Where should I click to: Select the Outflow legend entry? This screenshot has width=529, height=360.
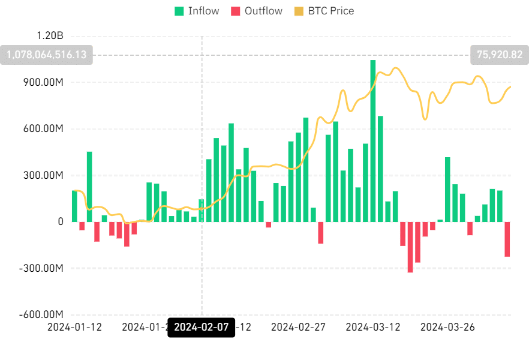(256, 11)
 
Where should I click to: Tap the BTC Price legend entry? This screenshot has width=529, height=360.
(323, 11)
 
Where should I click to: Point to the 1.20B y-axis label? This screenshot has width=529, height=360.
(49, 35)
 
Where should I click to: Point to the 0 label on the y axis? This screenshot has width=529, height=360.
(61, 222)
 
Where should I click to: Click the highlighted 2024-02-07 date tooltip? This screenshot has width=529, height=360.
(202, 328)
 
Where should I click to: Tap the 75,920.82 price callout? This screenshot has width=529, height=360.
(500, 55)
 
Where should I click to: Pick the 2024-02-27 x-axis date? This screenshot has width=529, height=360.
(297, 327)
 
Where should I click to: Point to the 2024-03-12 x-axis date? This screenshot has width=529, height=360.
(374, 327)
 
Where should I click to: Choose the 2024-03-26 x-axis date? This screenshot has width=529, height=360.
(448, 327)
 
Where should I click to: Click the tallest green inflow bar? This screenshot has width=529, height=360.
(373, 141)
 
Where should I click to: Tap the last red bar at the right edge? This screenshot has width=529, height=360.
(507, 239)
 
